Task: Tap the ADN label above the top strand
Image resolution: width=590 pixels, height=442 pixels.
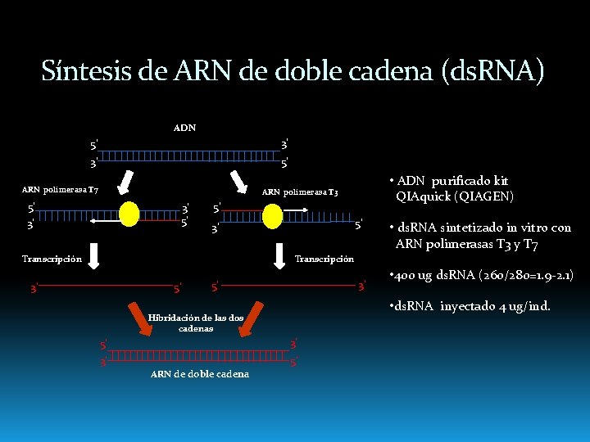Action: click(x=184, y=128)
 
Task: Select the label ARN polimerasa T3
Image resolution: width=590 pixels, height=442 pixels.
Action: click(x=299, y=193)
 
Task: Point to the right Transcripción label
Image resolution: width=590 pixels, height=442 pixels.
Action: click(x=324, y=259)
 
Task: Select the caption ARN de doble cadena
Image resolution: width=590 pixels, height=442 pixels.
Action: click(x=201, y=374)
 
